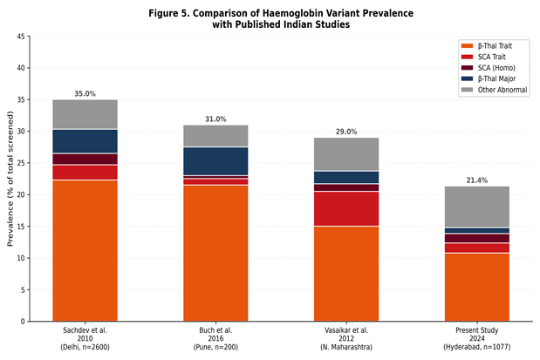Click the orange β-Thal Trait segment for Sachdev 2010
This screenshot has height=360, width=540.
85,250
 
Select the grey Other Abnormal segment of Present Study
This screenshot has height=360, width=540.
477,207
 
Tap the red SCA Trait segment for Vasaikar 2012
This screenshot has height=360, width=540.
346,208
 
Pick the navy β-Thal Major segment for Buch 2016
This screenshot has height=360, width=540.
215,161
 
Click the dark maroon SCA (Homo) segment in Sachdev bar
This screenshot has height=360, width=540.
85,159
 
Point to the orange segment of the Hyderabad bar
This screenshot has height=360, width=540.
477,288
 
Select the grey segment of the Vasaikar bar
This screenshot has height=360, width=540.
346,154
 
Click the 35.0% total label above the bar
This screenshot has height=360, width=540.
85,93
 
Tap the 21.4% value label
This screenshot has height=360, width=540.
477,180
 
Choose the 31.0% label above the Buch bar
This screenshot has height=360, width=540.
215,119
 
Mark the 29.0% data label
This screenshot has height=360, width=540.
346,132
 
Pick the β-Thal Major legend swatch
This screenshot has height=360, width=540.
468,78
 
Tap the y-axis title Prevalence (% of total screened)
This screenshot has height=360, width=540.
10,179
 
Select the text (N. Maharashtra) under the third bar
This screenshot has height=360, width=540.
346,347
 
